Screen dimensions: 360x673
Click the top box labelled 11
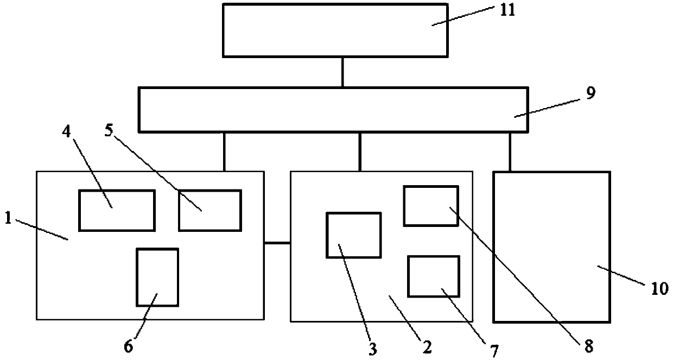click(335, 30)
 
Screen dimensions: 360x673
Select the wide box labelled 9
click(333, 109)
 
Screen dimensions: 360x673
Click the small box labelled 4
click(117, 210)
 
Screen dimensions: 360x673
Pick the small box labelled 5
click(210, 210)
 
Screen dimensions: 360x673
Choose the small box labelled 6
click(157, 277)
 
